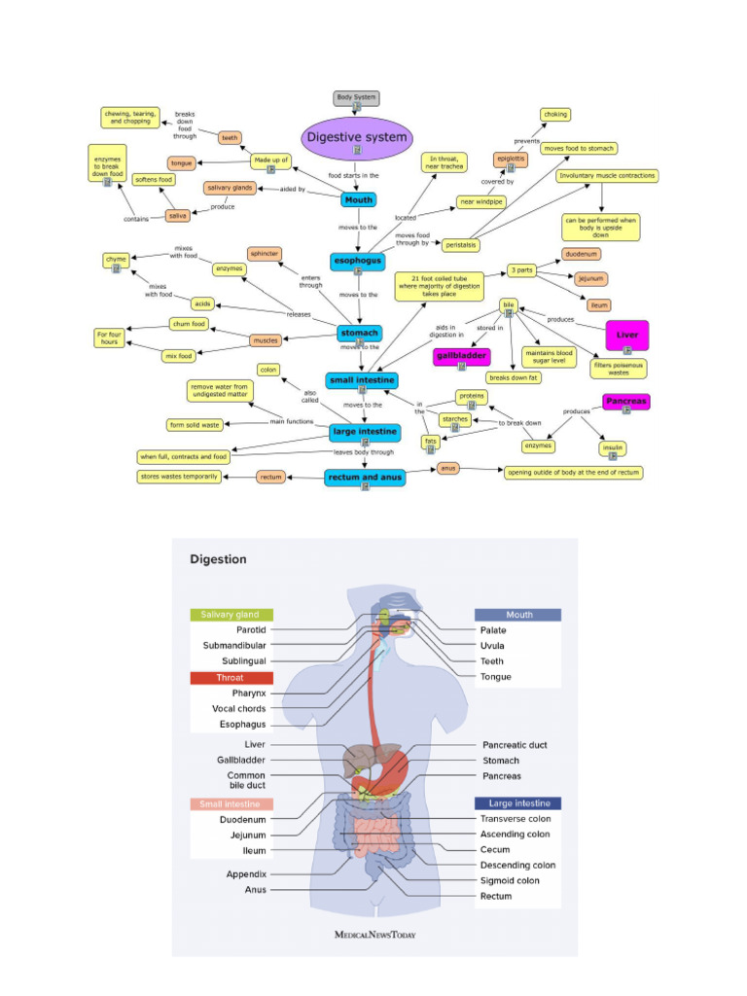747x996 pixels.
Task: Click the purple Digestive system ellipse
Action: click(x=357, y=138)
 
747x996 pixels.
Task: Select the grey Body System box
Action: click(x=356, y=98)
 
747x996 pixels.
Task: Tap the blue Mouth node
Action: click(x=358, y=200)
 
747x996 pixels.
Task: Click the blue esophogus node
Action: click(x=358, y=262)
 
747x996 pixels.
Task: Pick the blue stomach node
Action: click(x=359, y=333)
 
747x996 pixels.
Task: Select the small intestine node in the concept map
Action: click(x=361, y=379)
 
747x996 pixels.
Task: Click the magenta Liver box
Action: click(x=626, y=335)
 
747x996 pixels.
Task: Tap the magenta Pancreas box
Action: click(x=626, y=401)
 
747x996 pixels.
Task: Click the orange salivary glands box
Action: click(x=230, y=188)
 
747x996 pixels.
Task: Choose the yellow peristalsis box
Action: click(x=461, y=246)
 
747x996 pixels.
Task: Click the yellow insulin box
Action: click(x=612, y=447)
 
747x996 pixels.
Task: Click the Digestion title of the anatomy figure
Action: click(x=218, y=559)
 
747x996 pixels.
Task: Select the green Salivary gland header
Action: click(x=231, y=615)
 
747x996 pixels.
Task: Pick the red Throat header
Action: click(x=231, y=677)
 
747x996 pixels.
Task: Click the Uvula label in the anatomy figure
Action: click(x=493, y=646)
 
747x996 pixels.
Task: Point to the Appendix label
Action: click(x=246, y=873)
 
